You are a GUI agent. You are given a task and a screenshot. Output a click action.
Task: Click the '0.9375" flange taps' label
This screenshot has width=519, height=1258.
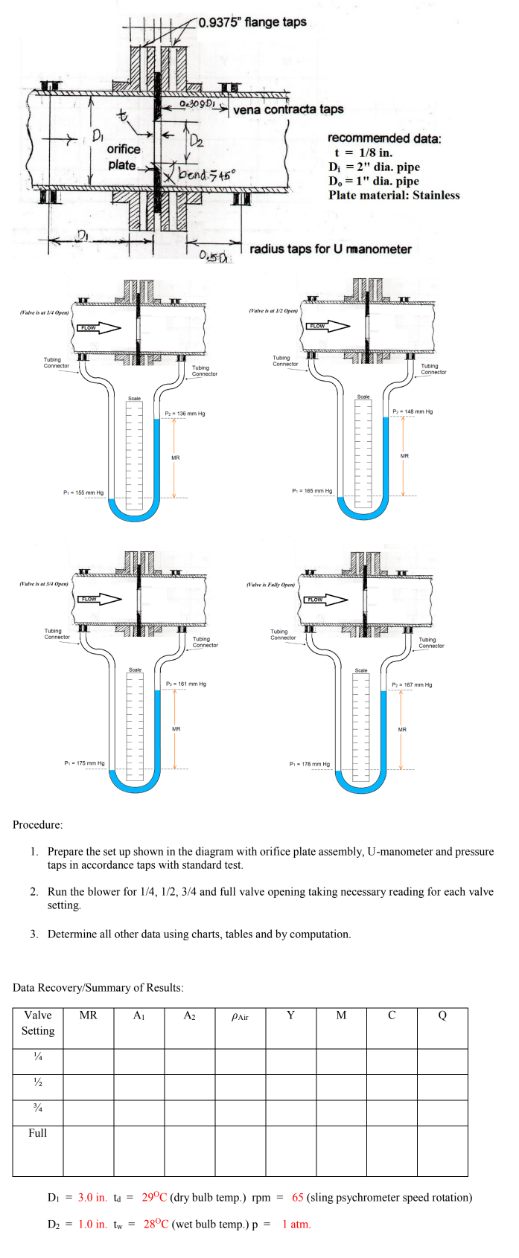(x=252, y=22)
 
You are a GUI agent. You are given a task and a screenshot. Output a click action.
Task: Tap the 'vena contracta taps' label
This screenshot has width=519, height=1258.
(x=288, y=109)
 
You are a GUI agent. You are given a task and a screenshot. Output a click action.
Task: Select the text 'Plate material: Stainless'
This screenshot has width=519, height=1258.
(x=394, y=196)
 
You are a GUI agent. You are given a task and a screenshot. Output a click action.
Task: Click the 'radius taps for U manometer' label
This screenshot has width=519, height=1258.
(x=330, y=249)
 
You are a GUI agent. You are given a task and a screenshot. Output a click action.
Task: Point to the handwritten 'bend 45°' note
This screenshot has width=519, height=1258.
(x=206, y=174)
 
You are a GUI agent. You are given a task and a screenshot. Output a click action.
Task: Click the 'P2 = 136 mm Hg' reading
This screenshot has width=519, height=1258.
(x=185, y=414)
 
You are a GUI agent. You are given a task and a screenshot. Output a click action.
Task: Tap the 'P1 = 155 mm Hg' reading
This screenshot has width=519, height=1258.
(x=83, y=492)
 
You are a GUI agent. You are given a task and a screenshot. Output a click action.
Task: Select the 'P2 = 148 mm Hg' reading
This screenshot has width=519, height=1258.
(x=413, y=411)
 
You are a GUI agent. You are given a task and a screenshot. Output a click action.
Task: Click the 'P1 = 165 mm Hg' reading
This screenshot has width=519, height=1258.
(x=312, y=491)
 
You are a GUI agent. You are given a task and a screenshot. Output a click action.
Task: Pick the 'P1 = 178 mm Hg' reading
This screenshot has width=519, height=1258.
(x=309, y=764)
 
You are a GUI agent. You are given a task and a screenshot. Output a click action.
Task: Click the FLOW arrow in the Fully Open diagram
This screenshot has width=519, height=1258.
(x=325, y=600)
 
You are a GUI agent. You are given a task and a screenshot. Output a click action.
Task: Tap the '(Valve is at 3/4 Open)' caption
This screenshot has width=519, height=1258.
(x=44, y=584)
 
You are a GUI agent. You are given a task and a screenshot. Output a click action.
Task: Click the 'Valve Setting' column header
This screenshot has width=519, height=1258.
(x=38, y=1023)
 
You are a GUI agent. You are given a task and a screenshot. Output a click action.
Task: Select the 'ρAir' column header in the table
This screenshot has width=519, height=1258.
(x=240, y=1016)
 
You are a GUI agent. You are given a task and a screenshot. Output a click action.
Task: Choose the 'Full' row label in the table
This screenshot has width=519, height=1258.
(x=38, y=1133)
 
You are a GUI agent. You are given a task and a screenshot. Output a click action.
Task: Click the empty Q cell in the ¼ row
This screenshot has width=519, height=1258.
(x=442, y=1061)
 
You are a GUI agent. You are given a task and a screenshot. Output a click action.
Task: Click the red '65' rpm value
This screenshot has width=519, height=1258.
(x=298, y=1198)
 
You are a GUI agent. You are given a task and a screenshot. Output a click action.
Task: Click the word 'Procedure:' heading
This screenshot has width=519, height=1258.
(x=38, y=824)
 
